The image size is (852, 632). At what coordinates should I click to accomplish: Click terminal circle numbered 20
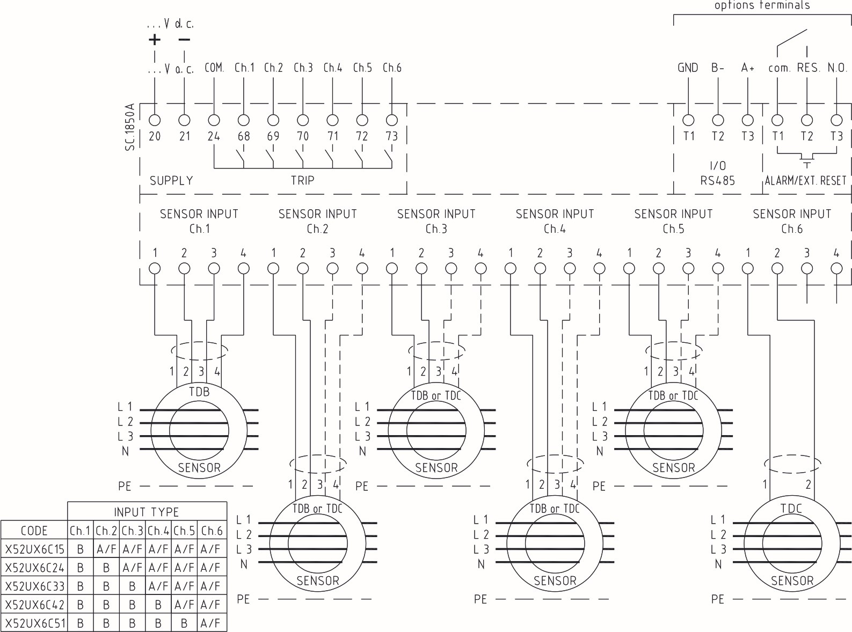(155, 120)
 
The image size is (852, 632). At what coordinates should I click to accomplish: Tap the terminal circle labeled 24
(214, 120)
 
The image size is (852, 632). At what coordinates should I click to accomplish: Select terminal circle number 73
(392, 120)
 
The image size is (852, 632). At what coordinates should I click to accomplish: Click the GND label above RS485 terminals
(688, 68)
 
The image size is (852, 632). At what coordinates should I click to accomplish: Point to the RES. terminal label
(808, 68)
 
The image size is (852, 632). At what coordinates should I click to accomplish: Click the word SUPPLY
(171, 181)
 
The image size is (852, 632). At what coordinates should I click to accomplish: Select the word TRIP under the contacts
(302, 181)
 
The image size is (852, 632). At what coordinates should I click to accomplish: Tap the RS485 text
(717, 181)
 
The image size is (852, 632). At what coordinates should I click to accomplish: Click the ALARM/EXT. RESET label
(805, 181)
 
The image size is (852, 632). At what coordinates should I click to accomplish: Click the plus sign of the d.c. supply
(154, 39)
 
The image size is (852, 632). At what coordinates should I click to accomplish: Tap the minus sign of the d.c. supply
(184, 39)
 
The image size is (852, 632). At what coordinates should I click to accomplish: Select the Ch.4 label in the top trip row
(333, 68)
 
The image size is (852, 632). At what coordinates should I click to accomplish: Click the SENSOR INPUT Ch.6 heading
(792, 221)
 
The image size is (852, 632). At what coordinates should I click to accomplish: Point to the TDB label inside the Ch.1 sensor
(199, 392)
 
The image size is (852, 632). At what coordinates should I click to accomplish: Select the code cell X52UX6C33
(34, 586)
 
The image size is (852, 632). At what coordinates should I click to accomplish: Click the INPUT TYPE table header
(147, 512)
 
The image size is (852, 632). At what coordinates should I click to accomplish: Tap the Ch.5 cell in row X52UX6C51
(184, 623)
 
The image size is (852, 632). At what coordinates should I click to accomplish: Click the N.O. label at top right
(837, 68)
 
